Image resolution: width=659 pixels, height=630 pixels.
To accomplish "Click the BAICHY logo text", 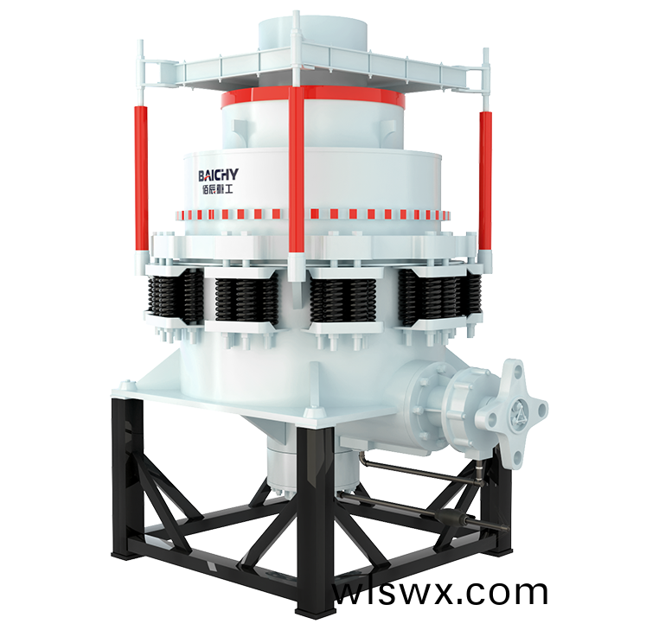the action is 218,175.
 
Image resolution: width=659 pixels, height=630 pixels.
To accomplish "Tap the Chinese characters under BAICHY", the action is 217,189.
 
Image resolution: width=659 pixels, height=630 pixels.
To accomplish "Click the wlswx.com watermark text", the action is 440,593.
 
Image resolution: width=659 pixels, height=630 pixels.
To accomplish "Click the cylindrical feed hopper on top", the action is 313,35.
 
